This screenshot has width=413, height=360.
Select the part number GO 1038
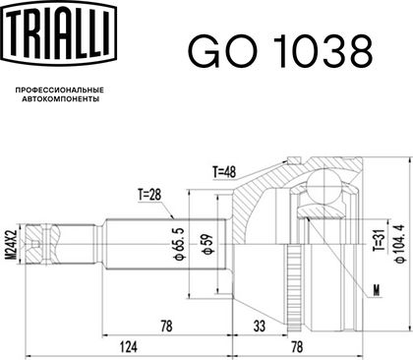tap(280, 52)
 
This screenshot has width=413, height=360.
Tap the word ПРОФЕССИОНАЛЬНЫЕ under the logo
tap(60, 90)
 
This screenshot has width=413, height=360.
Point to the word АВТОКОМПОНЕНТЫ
tap(61, 98)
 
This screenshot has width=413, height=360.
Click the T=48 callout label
tap(224, 172)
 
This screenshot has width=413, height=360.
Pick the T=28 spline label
tap(149, 195)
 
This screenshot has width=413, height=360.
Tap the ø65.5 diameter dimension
tap(180, 245)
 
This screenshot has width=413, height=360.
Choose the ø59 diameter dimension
tap(208, 244)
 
